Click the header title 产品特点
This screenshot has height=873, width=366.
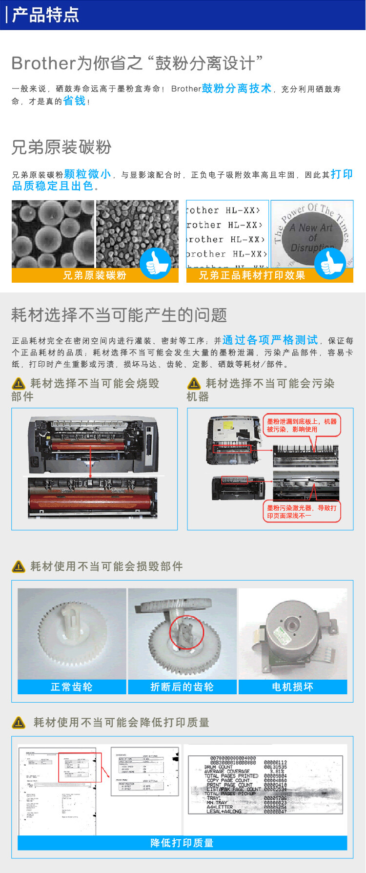tap(45, 15)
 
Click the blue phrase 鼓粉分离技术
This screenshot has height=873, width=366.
tap(236, 88)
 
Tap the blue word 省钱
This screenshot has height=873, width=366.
tap(74, 101)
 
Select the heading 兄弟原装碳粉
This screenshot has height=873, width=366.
tap(61, 147)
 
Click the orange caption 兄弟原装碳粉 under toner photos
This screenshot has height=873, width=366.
tap(94, 275)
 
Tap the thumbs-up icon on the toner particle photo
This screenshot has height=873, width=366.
tap(155, 263)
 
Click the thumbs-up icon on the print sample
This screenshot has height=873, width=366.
tap(330, 263)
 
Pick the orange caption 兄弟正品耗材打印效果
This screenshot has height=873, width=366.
tap(252, 275)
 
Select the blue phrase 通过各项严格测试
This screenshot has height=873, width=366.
tap(270, 340)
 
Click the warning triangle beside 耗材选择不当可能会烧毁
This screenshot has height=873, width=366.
tap(19, 384)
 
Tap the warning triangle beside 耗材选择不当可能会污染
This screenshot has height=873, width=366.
tap(194, 384)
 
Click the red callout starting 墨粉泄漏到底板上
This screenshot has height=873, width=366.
tap(302, 425)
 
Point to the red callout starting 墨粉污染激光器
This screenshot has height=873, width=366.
tap(302, 511)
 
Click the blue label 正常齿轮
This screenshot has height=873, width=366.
tap(72, 687)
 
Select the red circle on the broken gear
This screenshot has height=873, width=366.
tap(186, 633)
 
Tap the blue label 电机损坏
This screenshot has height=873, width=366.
tap(292, 687)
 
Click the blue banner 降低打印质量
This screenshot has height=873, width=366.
tap(182, 843)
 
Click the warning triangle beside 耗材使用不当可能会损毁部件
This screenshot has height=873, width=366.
tap(19, 566)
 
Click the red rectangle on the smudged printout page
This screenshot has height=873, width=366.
tap(80, 767)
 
